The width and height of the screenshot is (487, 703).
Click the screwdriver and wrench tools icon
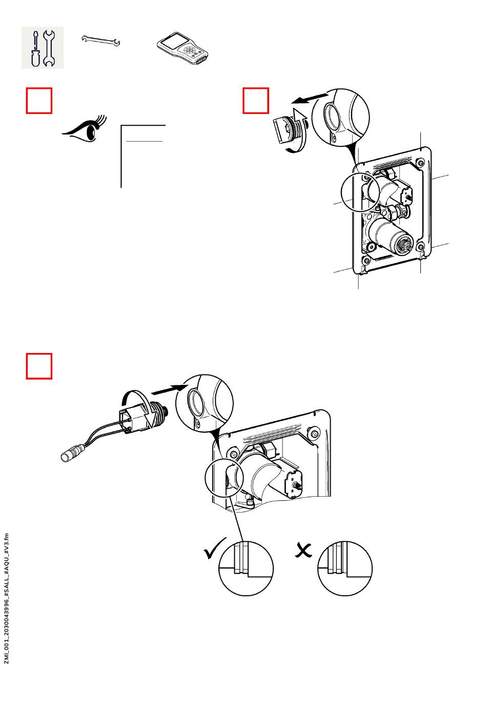pos(43,48)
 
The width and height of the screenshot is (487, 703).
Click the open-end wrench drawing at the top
pos(101,41)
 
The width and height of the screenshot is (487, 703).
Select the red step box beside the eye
pos(39,101)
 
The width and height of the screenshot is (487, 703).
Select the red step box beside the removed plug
pos(256,101)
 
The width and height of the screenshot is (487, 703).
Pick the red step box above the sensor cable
pos(39,366)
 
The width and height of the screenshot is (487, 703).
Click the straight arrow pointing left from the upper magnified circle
pos(311,97)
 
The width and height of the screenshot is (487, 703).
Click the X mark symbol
pos(304,550)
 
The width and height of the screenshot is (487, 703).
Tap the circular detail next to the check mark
pos(247,569)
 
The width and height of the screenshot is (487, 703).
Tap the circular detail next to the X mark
pos(345,569)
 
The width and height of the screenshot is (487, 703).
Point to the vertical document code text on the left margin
pos(7,598)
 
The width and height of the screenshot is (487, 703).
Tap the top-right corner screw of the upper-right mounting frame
pos(420,163)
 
